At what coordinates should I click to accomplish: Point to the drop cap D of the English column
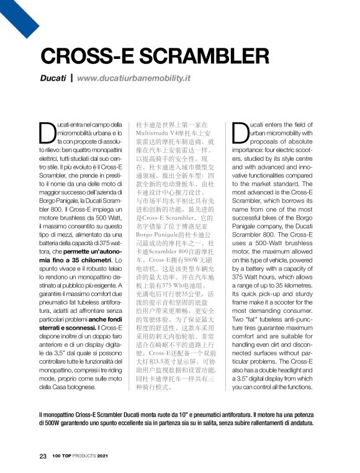[241, 132]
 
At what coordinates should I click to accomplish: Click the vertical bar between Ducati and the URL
[72, 79]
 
